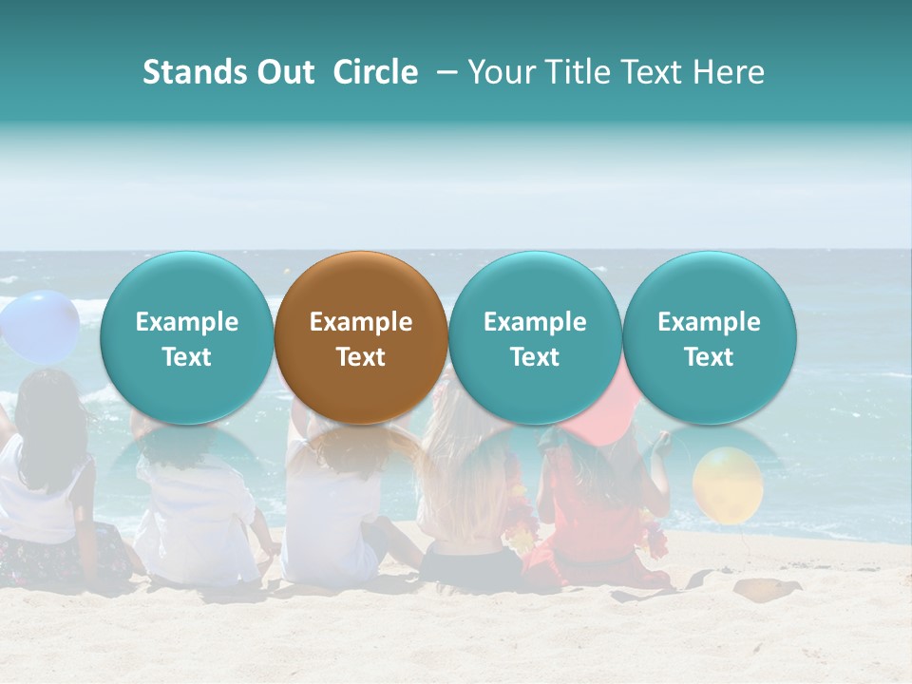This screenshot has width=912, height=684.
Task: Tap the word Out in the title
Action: (283, 72)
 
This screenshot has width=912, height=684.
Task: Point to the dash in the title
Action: (443, 72)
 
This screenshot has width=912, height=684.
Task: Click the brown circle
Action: (361, 337)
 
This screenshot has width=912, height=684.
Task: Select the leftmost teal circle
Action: (187, 337)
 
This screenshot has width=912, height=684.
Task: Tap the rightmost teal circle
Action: (709, 337)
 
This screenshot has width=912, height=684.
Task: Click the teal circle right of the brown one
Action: (535, 337)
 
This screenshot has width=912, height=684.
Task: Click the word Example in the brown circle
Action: (361, 322)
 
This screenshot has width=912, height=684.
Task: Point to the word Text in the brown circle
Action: (361, 357)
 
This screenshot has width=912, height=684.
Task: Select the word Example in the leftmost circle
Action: (187, 322)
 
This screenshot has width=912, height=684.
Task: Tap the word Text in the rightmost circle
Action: (709, 357)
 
